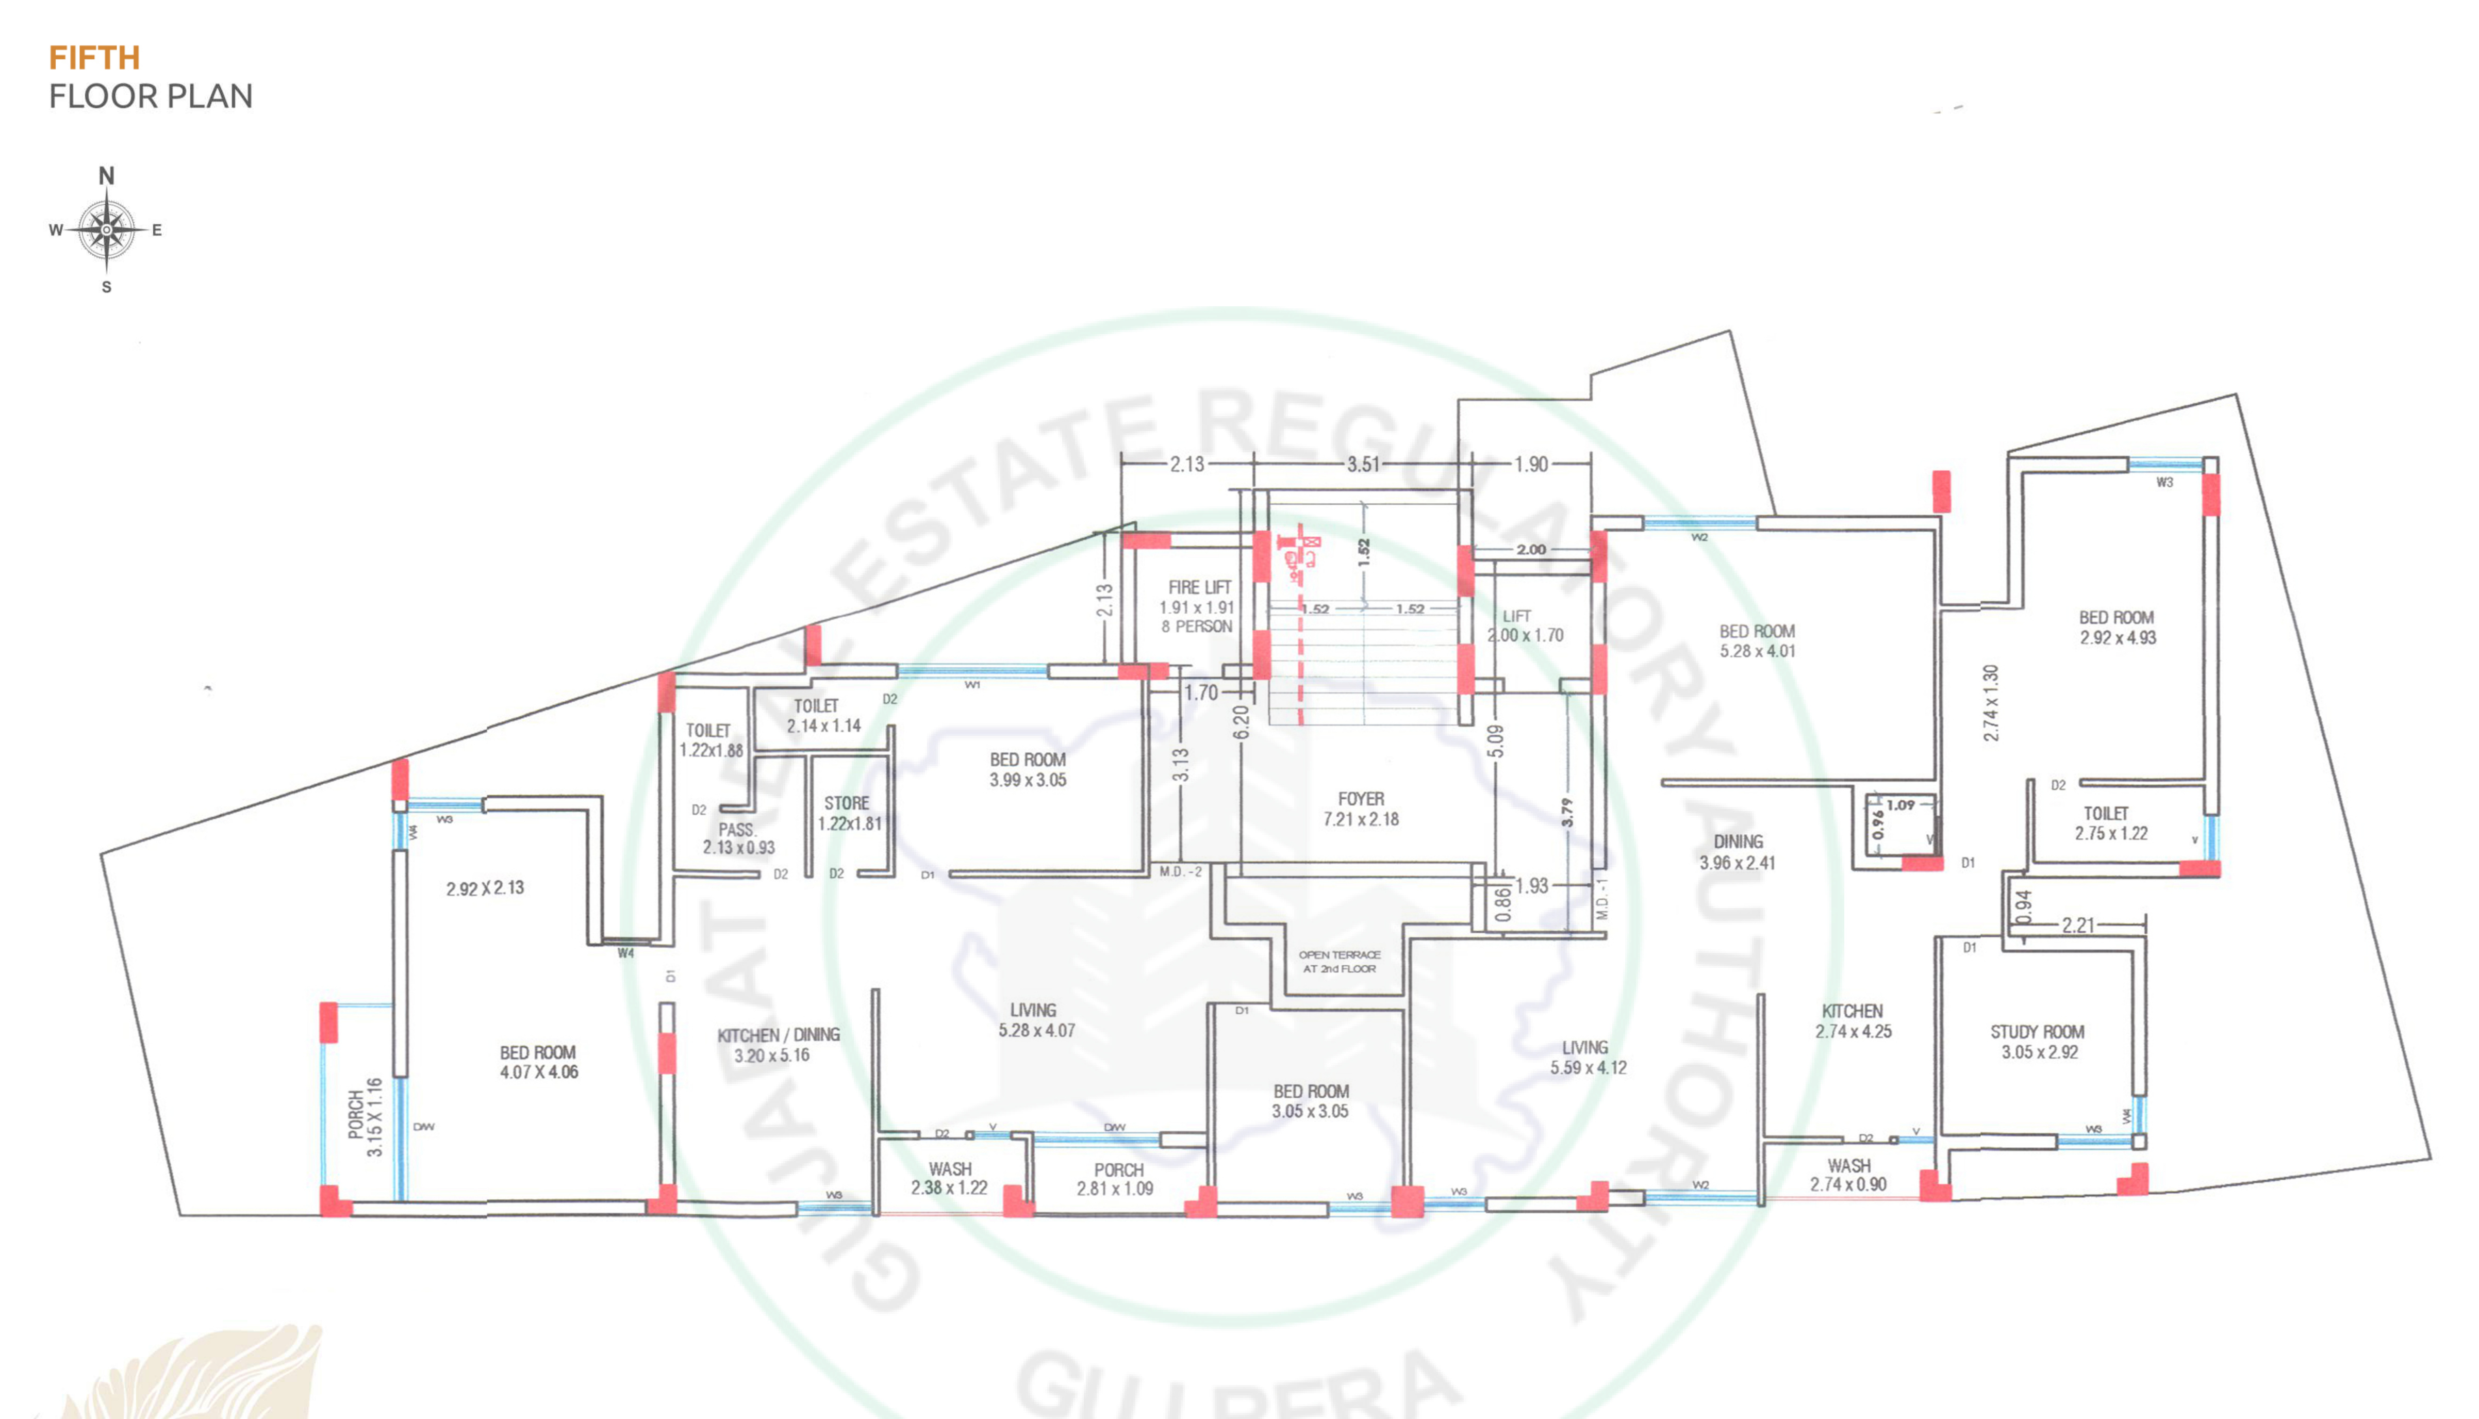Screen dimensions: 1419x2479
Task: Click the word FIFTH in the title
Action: pos(94,58)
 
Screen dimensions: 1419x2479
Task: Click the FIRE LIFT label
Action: pos(1200,588)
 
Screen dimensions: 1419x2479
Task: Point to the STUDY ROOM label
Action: pos(2037,1032)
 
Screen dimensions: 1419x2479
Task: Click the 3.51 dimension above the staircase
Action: pos(1363,465)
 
